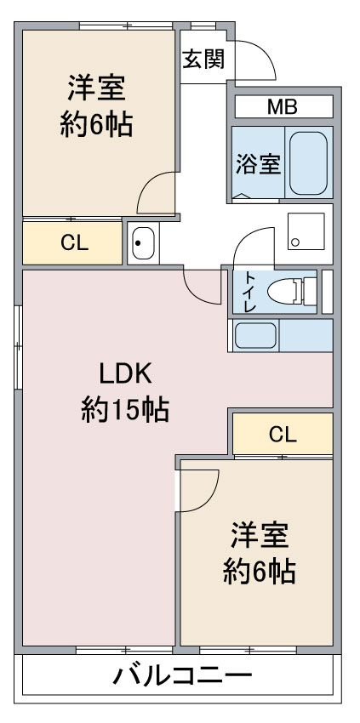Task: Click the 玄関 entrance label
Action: [203, 59]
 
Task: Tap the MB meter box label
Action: [283, 107]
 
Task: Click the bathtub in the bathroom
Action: [308, 163]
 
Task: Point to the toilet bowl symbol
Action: [292, 292]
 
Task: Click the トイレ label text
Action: [249, 292]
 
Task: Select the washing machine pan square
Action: [306, 231]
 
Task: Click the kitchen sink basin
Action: [255, 335]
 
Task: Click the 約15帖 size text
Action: [125, 409]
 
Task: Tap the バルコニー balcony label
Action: [183, 676]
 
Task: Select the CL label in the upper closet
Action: [74, 244]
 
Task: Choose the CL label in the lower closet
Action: [283, 435]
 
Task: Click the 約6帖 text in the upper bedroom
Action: [96, 124]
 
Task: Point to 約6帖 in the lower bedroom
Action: [260, 572]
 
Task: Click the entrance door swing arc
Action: [266, 52]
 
